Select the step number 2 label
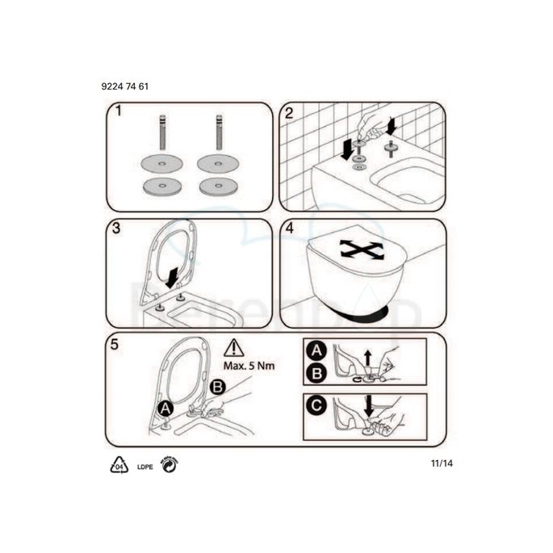click(287, 112)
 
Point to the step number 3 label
click(117, 228)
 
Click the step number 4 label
click(289, 228)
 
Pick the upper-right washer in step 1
click(217, 164)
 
